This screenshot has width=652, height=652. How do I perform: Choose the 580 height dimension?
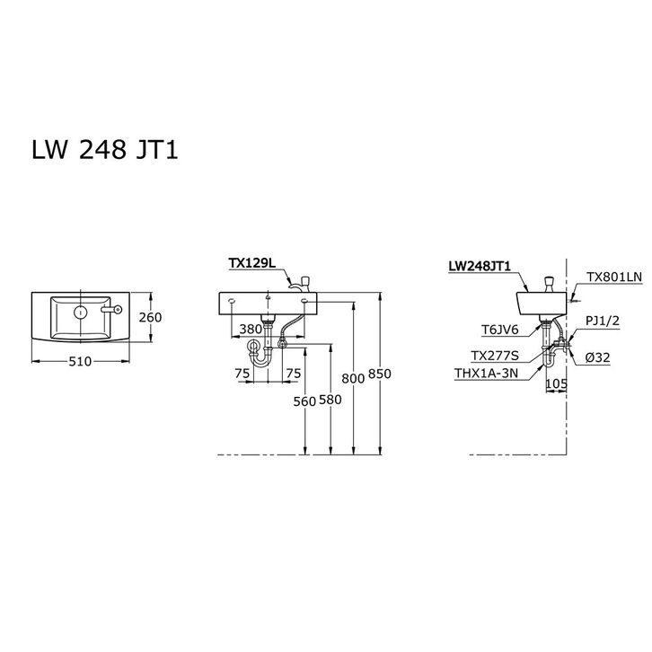[x=330, y=401]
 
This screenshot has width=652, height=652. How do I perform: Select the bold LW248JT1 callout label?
[x=480, y=266]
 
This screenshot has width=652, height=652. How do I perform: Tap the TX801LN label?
[x=614, y=278]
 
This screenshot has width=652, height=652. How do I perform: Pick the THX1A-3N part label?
[x=488, y=373]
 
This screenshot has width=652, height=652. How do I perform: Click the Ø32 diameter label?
[x=599, y=357]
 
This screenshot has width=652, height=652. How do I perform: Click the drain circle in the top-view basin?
[x=80, y=313]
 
